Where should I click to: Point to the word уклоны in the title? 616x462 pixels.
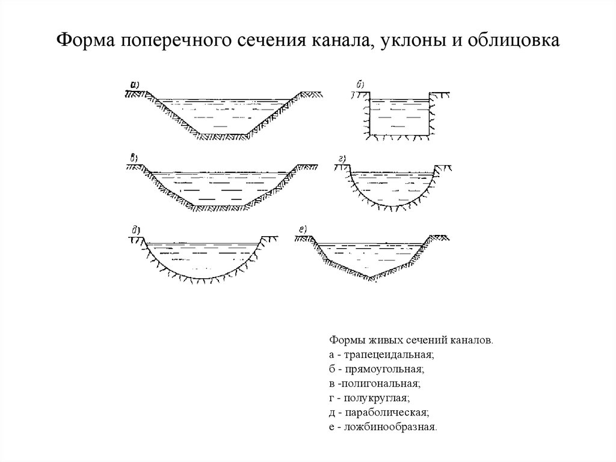point(407,41)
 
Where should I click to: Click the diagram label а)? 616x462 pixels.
point(135,85)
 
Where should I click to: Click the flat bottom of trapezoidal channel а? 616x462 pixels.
point(222,134)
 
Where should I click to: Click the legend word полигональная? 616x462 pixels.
point(383,383)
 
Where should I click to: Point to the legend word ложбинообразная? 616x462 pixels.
point(390,427)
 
